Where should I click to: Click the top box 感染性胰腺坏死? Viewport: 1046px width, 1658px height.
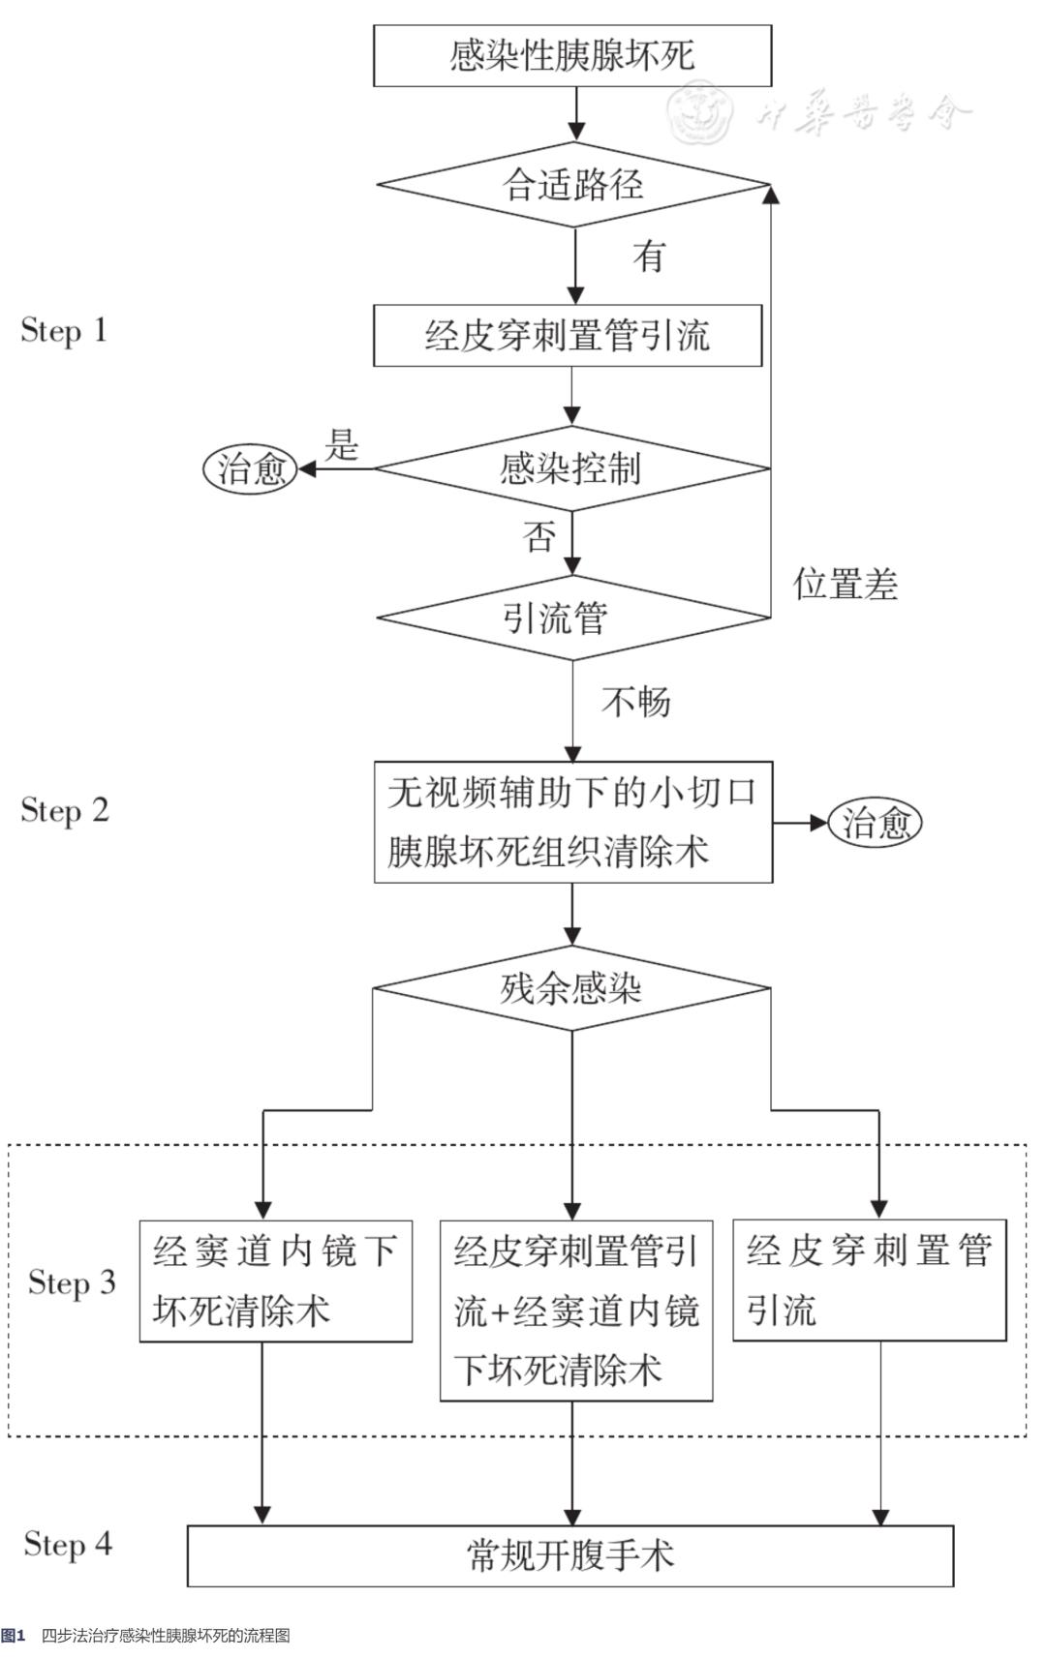(x=572, y=55)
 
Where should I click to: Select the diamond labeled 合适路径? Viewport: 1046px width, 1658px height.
(x=572, y=184)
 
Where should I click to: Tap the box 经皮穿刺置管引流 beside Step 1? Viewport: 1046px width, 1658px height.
(x=568, y=336)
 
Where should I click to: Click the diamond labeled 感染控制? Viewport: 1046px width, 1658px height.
(x=571, y=468)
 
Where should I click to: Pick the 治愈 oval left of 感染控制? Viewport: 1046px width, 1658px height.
(x=250, y=469)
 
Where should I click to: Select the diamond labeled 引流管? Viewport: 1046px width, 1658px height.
(x=571, y=618)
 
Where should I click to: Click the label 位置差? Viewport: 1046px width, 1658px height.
(x=846, y=585)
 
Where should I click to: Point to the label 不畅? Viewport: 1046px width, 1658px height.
(x=636, y=701)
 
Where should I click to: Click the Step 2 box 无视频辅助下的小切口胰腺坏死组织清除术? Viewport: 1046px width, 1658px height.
(x=572, y=822)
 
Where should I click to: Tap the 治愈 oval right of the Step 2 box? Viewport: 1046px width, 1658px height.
(x=875, y=823)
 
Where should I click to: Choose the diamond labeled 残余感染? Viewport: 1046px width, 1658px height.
(x=571, y=988)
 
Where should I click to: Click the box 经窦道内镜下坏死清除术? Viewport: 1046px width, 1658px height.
(x=275, y=1281)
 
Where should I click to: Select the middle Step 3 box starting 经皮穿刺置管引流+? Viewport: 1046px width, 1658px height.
(x=576, y=1311)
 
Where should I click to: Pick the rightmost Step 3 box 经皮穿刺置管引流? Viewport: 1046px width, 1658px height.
(x=869, y=1280)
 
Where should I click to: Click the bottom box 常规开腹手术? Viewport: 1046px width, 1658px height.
(x=570, y=1555)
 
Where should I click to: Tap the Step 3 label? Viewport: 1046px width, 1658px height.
(x=72, y=1282)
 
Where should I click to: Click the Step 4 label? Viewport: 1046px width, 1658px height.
(x=68, y=1544)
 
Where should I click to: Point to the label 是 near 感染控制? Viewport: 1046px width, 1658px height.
(x=341, y=444)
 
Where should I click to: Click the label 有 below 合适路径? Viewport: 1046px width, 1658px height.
(x=649, y=256)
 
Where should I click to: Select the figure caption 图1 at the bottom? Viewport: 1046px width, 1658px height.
(x=14, y=1636)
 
